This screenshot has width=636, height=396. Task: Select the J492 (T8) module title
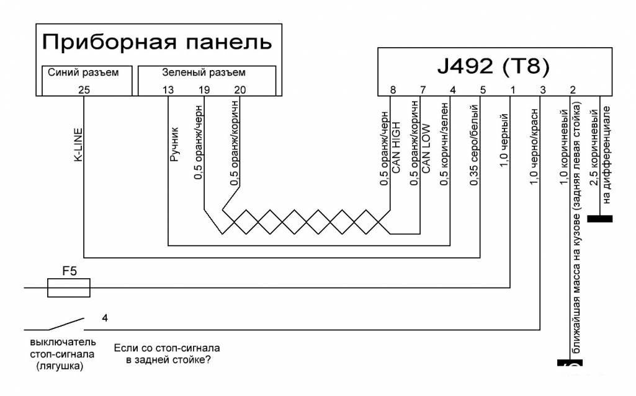(494, 66)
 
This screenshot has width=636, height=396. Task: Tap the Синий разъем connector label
(83, 73)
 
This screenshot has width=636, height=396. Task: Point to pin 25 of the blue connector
(85, 89)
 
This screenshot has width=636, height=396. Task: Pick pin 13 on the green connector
(168, 89)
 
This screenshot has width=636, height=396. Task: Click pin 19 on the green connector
(204, 89)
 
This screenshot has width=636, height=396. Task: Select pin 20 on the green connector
(240, 89)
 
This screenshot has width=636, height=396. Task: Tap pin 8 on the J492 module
(393, 89)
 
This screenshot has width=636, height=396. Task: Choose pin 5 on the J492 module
(483, 89)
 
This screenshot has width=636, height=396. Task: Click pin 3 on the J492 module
(542, 89)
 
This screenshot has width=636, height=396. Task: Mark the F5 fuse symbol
(69, 288)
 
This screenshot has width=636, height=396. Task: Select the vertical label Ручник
(174, 145)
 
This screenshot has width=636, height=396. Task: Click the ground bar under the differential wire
(599, 219)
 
